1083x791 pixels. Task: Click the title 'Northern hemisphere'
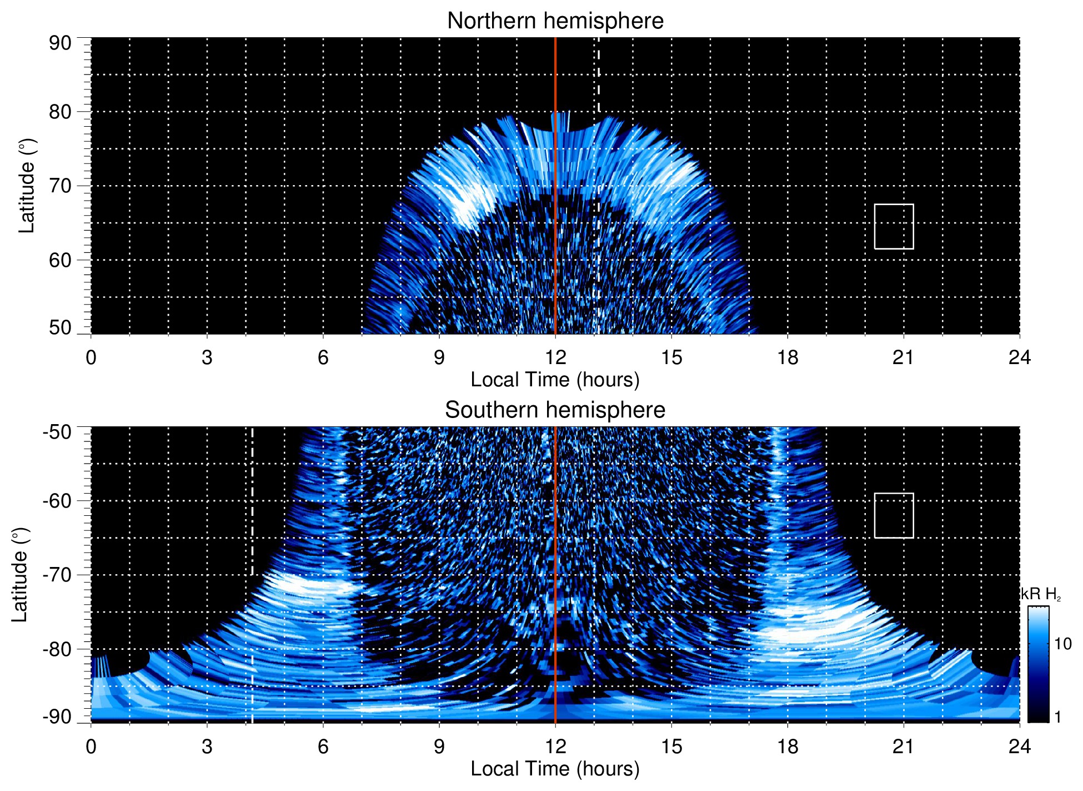click(x=555, y=21)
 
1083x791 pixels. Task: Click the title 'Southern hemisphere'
click(x=555, y=410)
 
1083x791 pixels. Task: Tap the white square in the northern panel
click(x=894, y=226)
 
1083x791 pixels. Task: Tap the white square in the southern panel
click(x=894, y=515)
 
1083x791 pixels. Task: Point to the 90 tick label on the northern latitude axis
click(x=60, y=43)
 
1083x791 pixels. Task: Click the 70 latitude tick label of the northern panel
click(x=60, y=186)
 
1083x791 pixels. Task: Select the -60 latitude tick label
click(x=57, y=500)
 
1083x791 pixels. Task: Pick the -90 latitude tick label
click(x=57, y=717)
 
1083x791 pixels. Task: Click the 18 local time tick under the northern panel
click(x=788, y=357)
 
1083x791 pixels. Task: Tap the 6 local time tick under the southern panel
click(x=323, y=746)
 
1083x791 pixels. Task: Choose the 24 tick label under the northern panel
click(x=1019, y=357)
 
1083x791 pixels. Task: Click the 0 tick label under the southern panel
click(x=91, y=746)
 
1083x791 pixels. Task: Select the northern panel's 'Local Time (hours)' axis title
click(x=555, y=380)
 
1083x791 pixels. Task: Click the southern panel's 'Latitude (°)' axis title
click(x=20, y=575)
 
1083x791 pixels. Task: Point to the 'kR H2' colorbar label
click(x=1041, y=594)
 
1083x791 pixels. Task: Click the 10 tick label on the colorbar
click(x=1062, y=644)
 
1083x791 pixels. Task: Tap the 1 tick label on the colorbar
click(x=1057, y=717)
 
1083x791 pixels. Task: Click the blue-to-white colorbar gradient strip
click(x=1037, y=664)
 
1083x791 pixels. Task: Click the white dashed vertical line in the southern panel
click(x=252, y=500)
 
